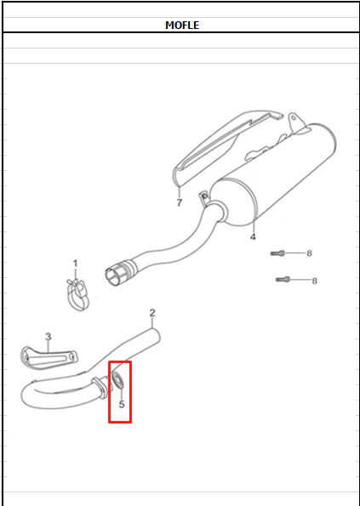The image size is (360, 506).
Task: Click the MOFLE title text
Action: click(x=182, y=26)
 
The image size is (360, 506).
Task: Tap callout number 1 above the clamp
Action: click(x=75, y=264)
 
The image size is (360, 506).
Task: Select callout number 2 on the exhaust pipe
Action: click(x=152, y=313)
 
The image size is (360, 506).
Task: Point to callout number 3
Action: click(x=49, y=337)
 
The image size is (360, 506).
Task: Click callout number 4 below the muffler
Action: click(x=253, y=236)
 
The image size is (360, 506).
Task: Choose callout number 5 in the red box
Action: click(x=122, y=404)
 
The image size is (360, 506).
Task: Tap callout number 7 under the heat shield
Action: click(x=180, y=202)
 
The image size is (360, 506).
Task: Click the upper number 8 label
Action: click(x=309, y=253)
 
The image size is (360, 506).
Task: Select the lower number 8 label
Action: click(x=314, y=281)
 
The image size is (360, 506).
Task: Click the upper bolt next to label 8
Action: click(x=277, y=253)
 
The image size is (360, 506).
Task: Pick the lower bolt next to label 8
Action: click(x=283, y=280)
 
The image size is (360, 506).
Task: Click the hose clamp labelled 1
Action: click(x=78, y=294)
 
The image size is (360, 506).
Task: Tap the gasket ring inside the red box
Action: click(x=117, y=379)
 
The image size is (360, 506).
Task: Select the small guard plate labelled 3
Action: click(x=49, y=358)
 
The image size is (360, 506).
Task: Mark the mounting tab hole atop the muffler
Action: click(x=293, y=118)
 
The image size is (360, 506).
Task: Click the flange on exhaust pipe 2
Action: click(x=100, y=388)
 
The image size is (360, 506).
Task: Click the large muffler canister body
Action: click(x=274, y=174)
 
